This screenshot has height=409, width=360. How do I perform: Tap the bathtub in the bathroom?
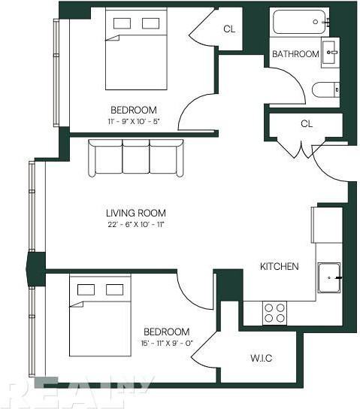(301, 22)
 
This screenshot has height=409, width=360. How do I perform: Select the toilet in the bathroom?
(325, 90)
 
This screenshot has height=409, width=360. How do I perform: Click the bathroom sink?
(330, 53)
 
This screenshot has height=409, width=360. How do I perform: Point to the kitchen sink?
(329, 277)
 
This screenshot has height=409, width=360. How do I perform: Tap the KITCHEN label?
(279, 267)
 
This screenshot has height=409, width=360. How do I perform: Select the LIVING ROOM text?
(135, 213)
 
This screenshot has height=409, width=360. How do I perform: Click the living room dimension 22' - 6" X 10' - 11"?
(135, 225)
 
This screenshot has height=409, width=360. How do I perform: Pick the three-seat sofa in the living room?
(135, 157)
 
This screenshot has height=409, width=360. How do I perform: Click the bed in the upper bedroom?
(135, 49)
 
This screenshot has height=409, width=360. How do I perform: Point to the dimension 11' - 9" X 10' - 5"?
(134, 120)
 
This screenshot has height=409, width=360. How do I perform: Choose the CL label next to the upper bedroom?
(230, 29)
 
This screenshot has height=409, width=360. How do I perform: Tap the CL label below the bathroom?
(306, 123)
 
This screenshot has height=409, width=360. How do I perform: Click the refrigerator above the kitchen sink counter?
(316, 223)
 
